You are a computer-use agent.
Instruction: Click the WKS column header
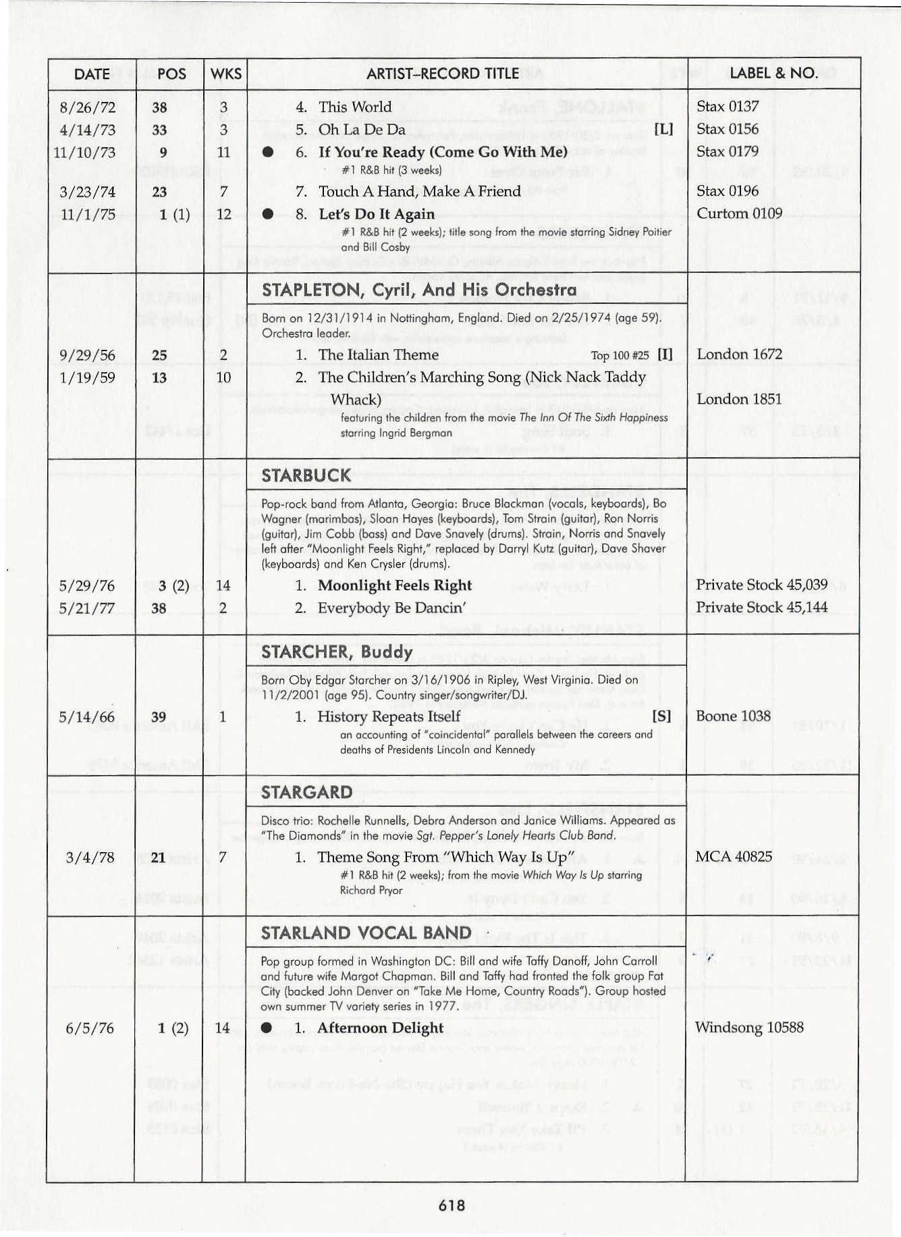(225, 74)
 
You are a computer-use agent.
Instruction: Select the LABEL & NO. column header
(773, 73)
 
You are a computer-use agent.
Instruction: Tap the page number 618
(452, 1205)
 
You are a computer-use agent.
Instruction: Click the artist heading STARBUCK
(306, 475)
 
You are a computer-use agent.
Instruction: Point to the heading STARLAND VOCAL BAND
(366, 932)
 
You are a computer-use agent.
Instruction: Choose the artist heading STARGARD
(306, 792)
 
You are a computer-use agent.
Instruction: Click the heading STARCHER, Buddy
(336, 652)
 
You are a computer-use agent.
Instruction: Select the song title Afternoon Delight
(381, 1028)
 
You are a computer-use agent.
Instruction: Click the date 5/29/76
(87, 585)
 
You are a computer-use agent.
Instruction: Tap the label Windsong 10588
(749, 1027)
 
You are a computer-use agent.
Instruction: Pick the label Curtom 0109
(739, 213)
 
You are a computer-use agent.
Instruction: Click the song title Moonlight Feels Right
(395, 585)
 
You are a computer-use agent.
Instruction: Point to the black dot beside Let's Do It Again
(268, 215)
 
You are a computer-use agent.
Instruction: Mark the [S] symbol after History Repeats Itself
(662, 716)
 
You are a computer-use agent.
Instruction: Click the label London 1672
(739, 354)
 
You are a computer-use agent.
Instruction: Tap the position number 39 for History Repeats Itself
(159, 717)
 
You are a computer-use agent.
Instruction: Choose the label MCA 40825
(734, 857)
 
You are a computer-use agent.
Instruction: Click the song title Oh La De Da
(362, 129)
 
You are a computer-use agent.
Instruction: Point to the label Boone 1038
(733, 716)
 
